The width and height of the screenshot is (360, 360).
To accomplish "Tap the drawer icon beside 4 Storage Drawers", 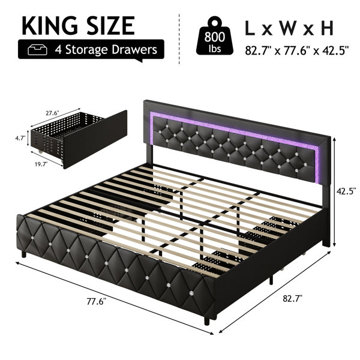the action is tap(37, 50).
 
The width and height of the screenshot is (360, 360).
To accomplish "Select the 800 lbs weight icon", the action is tap(215, 35).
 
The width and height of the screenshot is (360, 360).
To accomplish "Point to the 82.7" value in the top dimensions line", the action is tap(259, 50).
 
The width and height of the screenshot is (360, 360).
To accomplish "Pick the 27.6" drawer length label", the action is tap(53, 113).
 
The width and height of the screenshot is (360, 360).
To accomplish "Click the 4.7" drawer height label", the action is tap(20, 138).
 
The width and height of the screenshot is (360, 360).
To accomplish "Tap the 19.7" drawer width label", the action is tap(41, 164).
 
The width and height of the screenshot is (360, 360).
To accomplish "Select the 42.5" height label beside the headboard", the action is tap(346, 191).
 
